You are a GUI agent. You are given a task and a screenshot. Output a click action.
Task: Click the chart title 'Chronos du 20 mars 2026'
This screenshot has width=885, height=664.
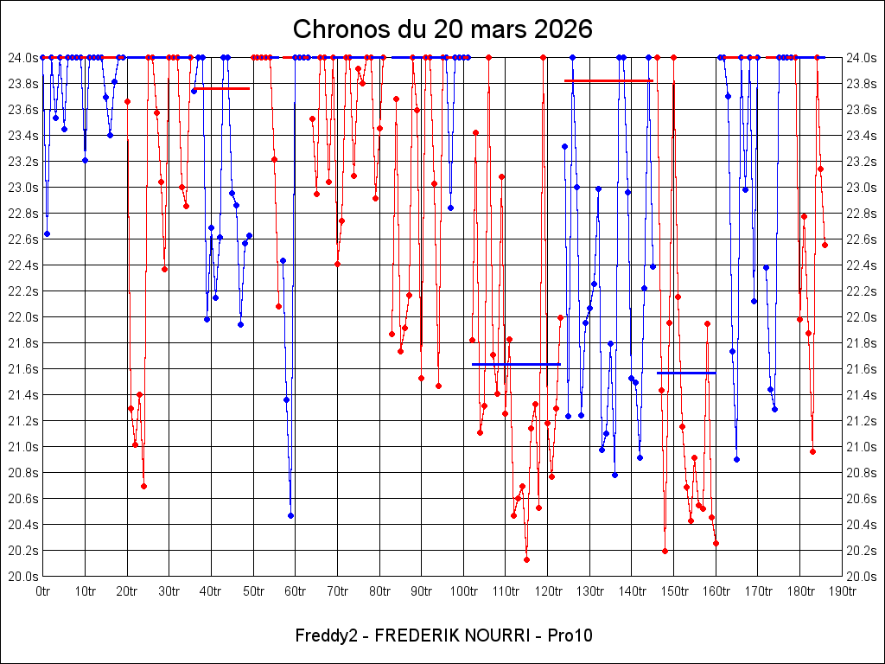442,29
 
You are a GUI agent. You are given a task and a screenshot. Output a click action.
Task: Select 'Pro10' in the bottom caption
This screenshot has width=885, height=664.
570,635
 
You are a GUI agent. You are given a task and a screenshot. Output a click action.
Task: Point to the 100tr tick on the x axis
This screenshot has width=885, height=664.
463,591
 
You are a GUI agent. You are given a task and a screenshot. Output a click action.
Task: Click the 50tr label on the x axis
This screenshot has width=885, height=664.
253,591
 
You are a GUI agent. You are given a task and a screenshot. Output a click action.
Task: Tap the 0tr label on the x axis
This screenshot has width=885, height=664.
42,591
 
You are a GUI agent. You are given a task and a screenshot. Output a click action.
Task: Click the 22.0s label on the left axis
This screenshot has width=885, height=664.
22,317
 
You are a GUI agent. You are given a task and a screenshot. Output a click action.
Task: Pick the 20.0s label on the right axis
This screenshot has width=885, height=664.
863,577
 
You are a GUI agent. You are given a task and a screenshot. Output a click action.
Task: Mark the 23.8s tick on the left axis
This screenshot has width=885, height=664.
22,84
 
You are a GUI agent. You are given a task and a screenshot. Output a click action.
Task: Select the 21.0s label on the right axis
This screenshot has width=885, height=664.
863,447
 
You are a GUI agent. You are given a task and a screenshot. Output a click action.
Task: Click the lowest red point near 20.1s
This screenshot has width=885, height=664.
526,559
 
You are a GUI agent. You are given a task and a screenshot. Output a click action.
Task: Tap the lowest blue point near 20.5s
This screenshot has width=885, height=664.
290,515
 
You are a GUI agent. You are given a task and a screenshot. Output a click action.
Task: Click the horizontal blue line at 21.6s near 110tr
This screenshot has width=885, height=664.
516,365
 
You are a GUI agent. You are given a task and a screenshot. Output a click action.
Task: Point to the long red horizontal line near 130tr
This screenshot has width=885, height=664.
608,80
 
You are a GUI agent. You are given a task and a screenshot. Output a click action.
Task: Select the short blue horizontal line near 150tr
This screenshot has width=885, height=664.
686,373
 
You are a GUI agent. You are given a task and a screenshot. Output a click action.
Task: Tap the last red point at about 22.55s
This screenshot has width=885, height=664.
825,245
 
